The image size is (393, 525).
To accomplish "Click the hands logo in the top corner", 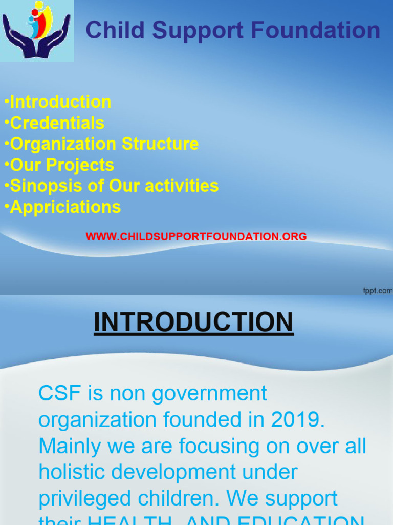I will click(36, 30).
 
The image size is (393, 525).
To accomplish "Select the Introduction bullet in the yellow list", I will click(60, 102).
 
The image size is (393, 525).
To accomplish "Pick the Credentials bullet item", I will click(57, 123).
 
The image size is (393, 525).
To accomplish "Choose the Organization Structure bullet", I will click(104, 144).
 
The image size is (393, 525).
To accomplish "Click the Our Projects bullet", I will click(62, 165).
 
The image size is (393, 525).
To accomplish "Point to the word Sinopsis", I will click(47, 186).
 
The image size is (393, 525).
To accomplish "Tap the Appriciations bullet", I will click(65, 207).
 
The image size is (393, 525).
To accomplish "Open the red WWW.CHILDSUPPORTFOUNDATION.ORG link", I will click(196, 237).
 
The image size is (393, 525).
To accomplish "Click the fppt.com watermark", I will click(377, 291).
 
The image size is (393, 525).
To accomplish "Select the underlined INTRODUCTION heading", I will click(193, 322).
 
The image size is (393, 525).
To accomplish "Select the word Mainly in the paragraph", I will click(69, 446).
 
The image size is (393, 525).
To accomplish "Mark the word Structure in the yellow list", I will click(160, 144).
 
